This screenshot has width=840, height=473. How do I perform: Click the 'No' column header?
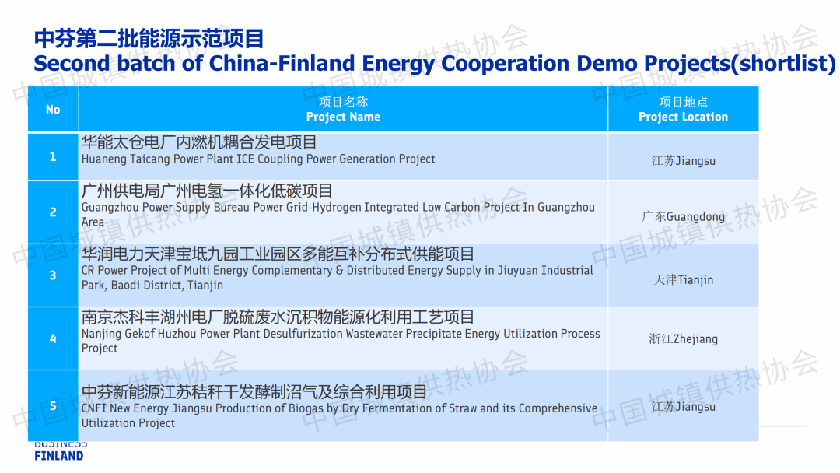click(x=53, y=109)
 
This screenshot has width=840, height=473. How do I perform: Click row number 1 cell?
click(x=53, y=156)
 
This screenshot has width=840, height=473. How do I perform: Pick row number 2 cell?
click(x=53, y=212)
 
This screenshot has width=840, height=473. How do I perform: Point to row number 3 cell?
click(x=53, y=275)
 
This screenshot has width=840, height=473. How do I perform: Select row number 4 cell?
click(x=53, y=338)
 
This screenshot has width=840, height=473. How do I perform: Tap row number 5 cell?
click(x=53, y=406)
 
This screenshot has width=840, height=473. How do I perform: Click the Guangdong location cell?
click(x=683, y=212)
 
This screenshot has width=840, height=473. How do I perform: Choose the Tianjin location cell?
click(x=683, y=275)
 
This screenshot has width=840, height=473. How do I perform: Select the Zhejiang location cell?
click(x=683, y=338)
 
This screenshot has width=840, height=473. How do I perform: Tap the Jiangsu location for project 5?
click(x=683, y=406)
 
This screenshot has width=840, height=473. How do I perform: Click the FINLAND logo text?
click(x=59, y=456)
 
